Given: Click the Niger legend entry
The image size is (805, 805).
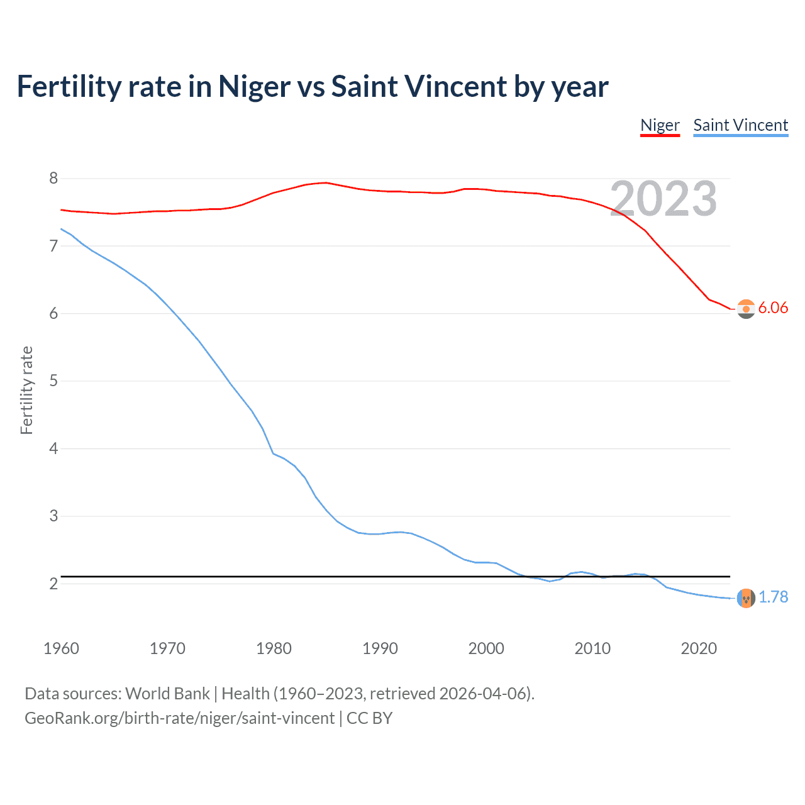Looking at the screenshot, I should [x=660, y=125].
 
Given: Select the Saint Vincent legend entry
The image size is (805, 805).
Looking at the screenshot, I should [x=740, y=125].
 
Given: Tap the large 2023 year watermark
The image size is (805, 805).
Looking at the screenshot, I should [x=663, y=199].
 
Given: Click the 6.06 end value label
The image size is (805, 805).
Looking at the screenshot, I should [x=773, y=308].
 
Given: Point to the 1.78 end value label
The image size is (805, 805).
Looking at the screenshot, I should [x=773, y=597].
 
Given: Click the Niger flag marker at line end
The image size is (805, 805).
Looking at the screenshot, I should [x=746, y=309].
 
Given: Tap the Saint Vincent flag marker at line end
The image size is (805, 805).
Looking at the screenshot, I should [x=746, y=598].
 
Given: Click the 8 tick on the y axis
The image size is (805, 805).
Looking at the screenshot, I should [x=53, y=179].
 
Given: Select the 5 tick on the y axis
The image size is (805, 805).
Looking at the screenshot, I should [x=53, y=381].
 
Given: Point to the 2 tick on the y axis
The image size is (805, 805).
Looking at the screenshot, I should [x=53, y=584].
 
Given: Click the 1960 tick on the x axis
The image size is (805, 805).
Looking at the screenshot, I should [x=61, y=648].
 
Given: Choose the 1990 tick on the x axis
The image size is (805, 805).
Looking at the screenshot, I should [x=380, y=648].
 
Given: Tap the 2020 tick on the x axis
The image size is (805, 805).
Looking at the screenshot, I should [x=699, y=648].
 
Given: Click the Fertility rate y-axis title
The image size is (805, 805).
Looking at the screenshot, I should [x=26, y=390].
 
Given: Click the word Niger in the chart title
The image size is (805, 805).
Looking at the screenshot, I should [x=254, y=87].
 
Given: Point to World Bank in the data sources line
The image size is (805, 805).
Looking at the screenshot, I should [x=167, y=694].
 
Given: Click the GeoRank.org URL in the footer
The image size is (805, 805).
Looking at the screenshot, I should [x=179, y=718].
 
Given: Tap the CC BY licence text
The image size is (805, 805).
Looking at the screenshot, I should [x=370, y=718].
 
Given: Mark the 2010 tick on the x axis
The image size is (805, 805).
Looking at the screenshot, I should [x=592, y=648].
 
